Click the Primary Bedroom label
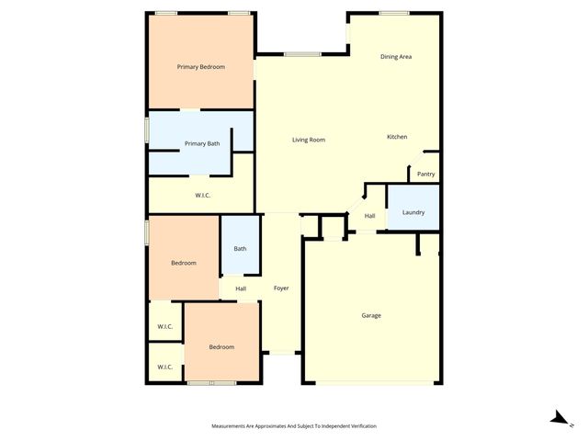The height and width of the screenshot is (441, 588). (x=201, y=67)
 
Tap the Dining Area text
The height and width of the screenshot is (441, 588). (x=396, y=57)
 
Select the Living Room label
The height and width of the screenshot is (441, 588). (x=309, y=140)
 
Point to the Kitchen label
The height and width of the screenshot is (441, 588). (x=397, y=137)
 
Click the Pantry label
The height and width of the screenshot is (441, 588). (x=425, y=174)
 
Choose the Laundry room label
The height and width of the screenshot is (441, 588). (x=413, y=212)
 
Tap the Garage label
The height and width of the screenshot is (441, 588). (x=370, y=315)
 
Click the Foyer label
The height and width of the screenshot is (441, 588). (x=281, y=288)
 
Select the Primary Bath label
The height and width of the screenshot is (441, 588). (x=202, y=143)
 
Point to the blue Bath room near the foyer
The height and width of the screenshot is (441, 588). (x=240, y=248)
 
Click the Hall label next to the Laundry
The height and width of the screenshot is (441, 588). (x=369, y=216)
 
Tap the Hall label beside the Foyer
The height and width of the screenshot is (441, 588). (x=241, y=288)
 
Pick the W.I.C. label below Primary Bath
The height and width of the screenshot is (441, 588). (x=204, y=195)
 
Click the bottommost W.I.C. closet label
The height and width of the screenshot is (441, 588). (x=165, y=367)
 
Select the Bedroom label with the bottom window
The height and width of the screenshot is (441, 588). (x=221, y=346)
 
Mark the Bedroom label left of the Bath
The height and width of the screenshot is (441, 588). (x=184, y=263)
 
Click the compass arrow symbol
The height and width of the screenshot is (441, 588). (x=558, y=418)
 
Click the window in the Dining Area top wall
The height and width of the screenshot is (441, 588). (x=394, y=13)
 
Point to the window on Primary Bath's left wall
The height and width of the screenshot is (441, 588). (x=147, y=130)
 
